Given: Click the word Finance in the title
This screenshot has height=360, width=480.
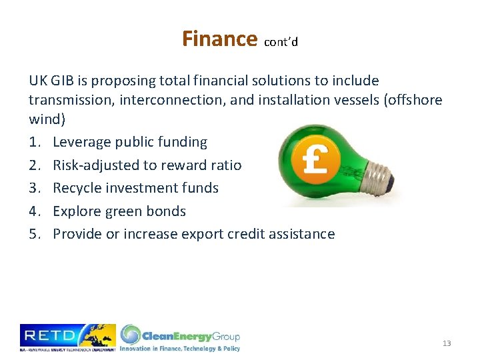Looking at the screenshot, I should [219, 39].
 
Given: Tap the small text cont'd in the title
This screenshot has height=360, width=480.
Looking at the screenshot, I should [281, 42].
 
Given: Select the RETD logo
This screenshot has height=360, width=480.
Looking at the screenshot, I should [67, 337].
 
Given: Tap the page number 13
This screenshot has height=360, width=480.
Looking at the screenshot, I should [447, 343].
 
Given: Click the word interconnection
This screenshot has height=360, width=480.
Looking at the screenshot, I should [167, 99].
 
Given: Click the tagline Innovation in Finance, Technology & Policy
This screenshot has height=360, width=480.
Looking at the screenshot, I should [180, 348].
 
